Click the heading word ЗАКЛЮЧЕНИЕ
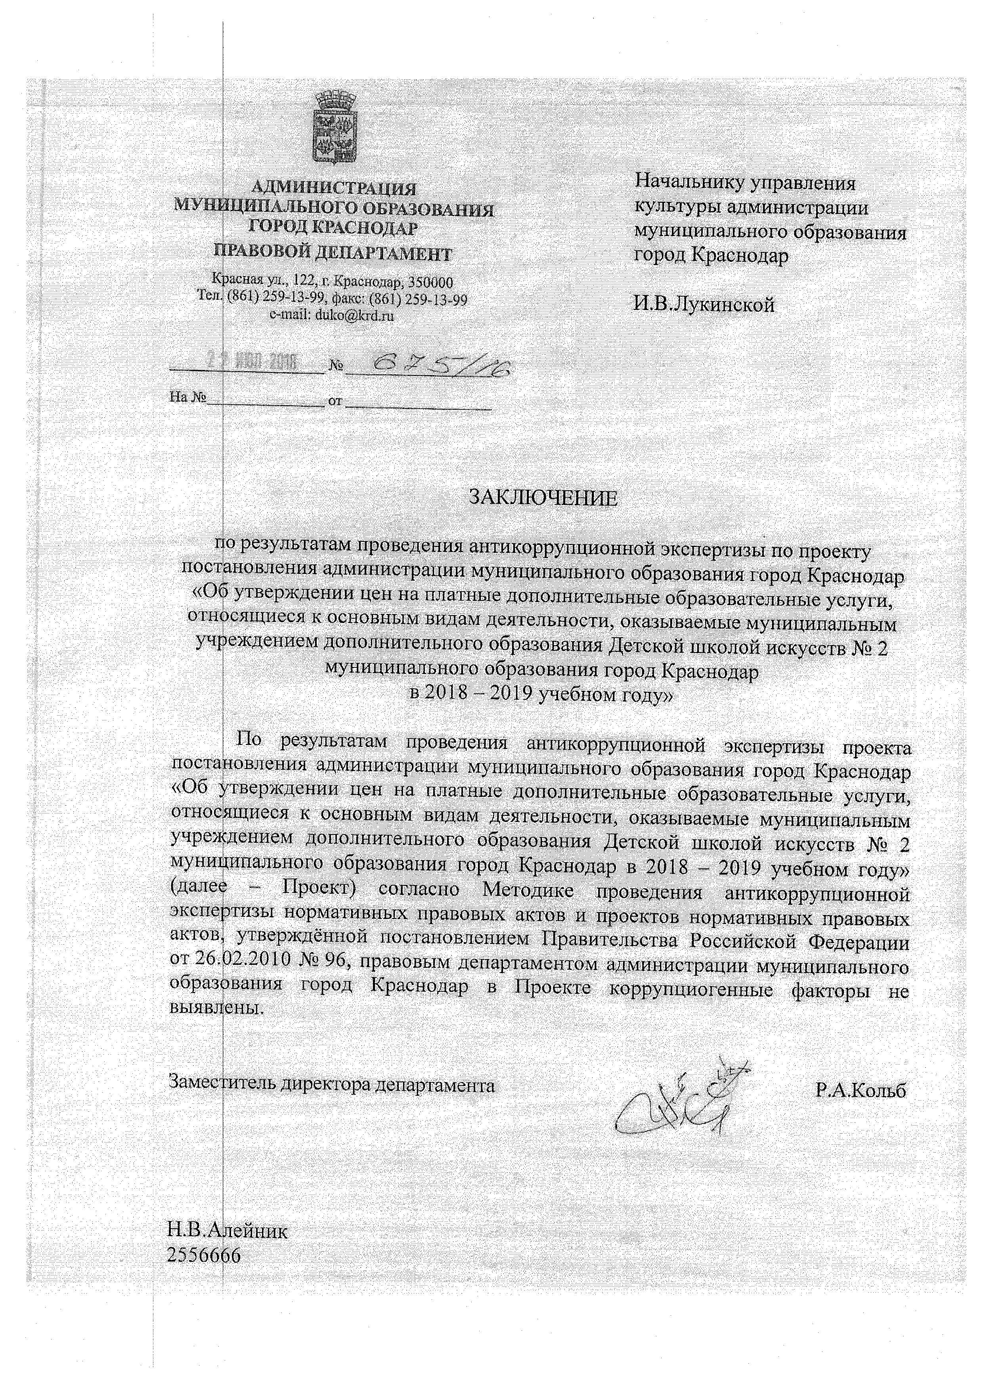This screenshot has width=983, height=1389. click(543, 498)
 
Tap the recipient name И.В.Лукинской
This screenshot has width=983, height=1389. click(704, 304)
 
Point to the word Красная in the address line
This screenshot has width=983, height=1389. click(232, 281)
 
